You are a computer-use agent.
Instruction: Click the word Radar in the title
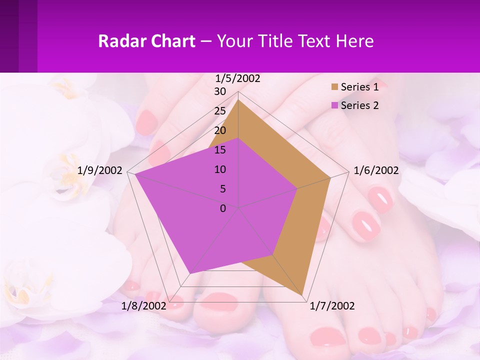click(118, 41)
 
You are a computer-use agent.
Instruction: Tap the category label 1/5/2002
click(238, 78)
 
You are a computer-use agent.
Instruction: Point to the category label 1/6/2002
click(376, 170)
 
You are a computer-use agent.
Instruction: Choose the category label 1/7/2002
click(332, 306)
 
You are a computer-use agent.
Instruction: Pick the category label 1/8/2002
click(144, 306)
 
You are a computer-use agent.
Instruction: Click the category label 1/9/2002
click(100, 170)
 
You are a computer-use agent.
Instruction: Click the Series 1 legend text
click(359, 87)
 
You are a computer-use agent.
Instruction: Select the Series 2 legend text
click(359, 105)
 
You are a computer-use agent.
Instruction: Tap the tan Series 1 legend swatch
click(334, 87)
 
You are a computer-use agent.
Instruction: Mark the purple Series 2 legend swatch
click(334, 105)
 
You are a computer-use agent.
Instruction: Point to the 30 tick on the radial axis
click(220, 91)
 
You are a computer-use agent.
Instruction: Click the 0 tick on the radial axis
click(223, 208)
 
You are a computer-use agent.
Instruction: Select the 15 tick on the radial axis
click(220, 150)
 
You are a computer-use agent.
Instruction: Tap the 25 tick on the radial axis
click(220, 111)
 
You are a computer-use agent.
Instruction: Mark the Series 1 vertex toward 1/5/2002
click(238, 99)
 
